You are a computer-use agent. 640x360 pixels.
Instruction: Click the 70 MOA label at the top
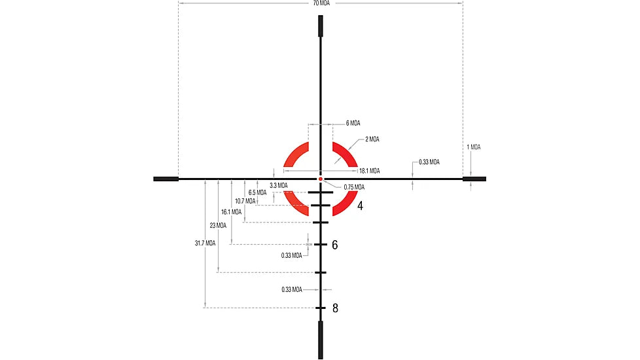tap(321, 3)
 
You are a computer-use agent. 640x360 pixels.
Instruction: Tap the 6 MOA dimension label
tap(353, 123)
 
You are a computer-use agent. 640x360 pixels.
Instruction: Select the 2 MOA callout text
tap(372, 139)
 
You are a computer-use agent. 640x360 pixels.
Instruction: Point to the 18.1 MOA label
tap(369, 171)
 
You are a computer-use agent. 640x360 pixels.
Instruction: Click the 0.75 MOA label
tap(354, 187)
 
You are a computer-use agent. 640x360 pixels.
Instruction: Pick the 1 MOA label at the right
tap(474, 147)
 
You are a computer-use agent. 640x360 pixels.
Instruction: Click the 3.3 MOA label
tap(278, 185)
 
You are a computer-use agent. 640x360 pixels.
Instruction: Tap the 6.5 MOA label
tap(257, 192)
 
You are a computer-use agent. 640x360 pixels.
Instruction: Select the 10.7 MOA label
tap(245, 201)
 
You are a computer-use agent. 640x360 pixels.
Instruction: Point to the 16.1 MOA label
tap(232, 212)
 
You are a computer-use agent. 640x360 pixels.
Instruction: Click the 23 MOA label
tap(218, 225)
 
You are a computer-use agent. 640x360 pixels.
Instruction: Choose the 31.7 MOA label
tap(205, 243)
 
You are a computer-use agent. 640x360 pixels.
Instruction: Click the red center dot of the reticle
tap(321, 178)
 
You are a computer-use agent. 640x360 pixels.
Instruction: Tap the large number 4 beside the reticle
tap(360, 206)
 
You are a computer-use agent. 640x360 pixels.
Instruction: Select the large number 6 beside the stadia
tap(335, 245)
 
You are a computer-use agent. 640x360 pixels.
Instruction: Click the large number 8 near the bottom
tap(335, 308)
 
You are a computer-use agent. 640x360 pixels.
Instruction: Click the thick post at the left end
tap(166, 179)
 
